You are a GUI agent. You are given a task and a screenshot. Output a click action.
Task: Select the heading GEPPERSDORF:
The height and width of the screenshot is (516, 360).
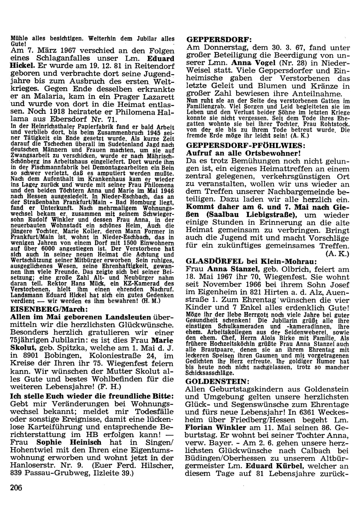coord(215,39)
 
